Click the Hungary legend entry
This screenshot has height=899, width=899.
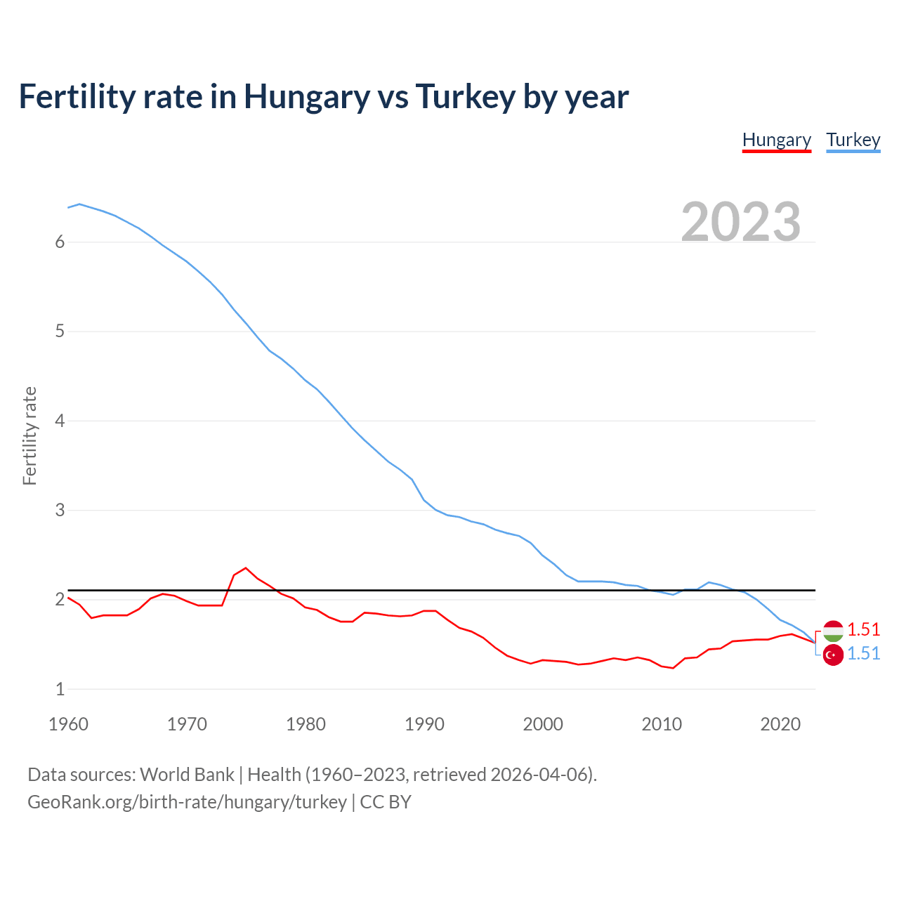click(x=776, y=140)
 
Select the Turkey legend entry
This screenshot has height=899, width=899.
click(x=853, y=140)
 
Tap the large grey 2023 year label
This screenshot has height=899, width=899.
click(x=741, y=222)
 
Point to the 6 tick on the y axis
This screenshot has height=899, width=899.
click(x=60, y=242)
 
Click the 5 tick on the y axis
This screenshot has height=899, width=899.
click(x=60, y=332)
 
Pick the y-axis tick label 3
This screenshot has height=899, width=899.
click(x=60, y=510)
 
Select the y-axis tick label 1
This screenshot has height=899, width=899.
click(x=60, y=689)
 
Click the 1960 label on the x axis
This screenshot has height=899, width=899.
click(x=68, y=724)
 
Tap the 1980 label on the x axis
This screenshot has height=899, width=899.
click(x=306, y=724)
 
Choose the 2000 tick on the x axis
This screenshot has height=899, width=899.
click(x=543, y=724)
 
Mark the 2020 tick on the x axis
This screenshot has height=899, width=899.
click(x=780, y=724)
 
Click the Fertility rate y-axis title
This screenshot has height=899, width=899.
click(x=29, y=435)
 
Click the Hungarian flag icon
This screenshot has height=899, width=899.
click(x=833, y=631)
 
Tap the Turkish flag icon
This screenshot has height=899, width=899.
click(x=833, y=655)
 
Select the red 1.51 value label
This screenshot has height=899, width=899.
click(x=863, y=629)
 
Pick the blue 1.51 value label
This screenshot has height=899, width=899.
click(x=863, y=653)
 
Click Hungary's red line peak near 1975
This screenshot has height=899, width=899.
click(x=246, y=567)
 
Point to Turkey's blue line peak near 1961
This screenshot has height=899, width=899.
click(x=79, y=204)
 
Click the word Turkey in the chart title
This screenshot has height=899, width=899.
click(x=465, y=97)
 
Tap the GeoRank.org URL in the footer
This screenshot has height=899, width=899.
click(x=187, y=802)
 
